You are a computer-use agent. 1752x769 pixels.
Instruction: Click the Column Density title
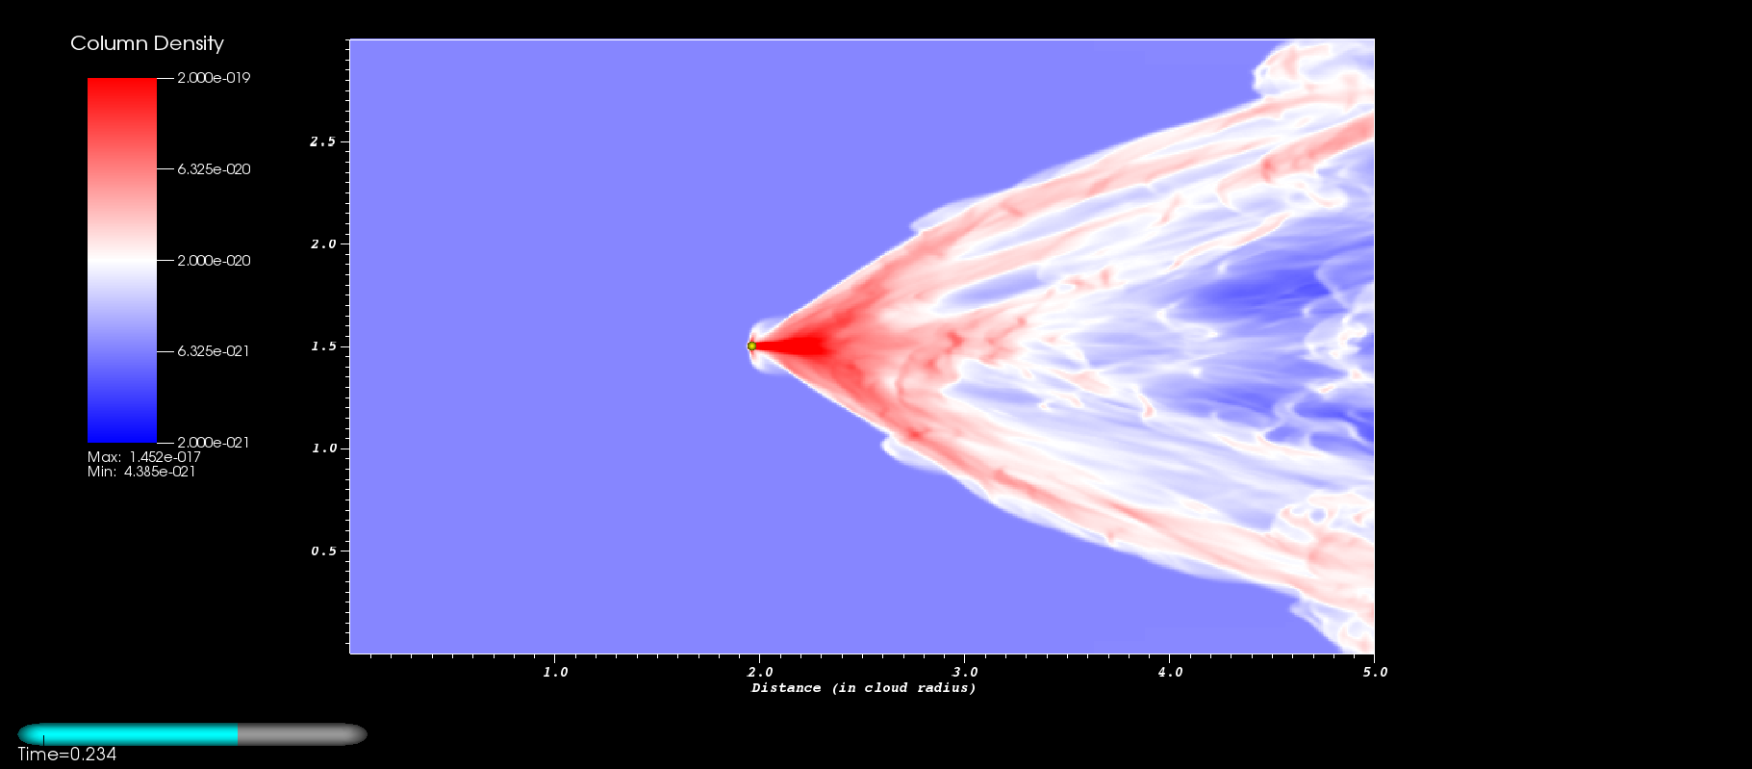pyautogui.click(x=147, y=43)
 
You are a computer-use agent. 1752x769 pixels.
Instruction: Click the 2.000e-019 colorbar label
pyautogui.click(x=214, y=78)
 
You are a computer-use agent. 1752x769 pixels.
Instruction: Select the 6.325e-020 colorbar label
pyautogui.click(x=214, y=169)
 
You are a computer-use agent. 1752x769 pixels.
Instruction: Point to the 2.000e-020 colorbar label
pyautogui.click(x=214, y=261)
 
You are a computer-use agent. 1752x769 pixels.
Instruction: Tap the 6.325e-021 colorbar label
pyautogui.click(x=214, y=351)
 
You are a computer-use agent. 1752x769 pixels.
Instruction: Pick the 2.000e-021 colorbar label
pyautogui.click(x=214, y=443)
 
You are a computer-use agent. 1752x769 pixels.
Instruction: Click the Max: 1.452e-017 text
pyautogui.click(x=144, y=457)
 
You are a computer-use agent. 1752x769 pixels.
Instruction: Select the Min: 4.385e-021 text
pyautogui.click(x=141, y=472)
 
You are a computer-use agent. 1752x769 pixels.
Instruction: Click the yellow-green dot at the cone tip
pyautogui.click(x=751, y=346)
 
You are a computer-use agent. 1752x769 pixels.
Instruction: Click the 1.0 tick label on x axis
pyautogui.click(x=555, y=672)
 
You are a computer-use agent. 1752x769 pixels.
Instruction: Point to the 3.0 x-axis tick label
pyautogui.click(x=965, y=672)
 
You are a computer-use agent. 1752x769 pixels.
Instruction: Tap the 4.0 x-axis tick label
pyautogui.click(x=1170, y=672)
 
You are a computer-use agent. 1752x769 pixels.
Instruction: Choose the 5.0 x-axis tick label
pyautogui.click(x=1375, y=672)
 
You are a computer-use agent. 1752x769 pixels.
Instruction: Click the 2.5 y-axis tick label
pyautogui.click(x=323, y=141)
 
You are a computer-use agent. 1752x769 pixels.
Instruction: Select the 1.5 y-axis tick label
pyautogui.click(x=323, y=346)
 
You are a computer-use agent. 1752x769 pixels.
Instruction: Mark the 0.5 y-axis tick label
pyautogui.click(x=323, y=551)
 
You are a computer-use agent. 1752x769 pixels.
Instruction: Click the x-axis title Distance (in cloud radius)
pyautogui.click(x=864, y=688)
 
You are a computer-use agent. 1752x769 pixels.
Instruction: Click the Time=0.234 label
pyautogui.click(x=66, y=755)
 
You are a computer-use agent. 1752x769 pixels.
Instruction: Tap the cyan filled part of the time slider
pyautogui.click(x=128, y=734)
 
